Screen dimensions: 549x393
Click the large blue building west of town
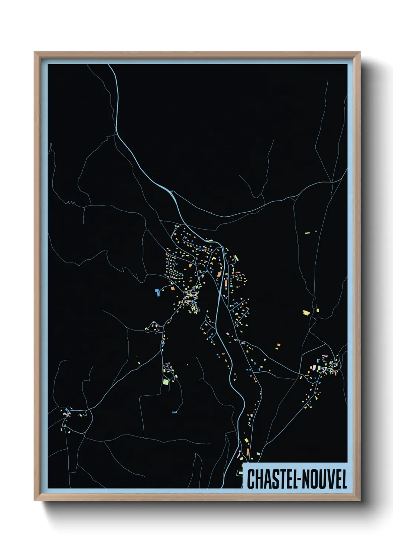coord(157,292)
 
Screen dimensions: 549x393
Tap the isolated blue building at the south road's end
coord(174,412)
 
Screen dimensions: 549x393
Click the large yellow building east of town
coord(306,313)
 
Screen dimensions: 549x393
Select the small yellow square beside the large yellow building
coord(317,310)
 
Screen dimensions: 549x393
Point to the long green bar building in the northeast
coord(307,233)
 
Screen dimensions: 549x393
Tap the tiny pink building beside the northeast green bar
coord(316,231)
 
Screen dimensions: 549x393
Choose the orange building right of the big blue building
coord(172,287)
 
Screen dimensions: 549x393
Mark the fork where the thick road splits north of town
coord(172,192)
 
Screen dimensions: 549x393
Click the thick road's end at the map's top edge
coord(109,65)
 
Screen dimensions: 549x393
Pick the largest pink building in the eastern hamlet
coord(314,367)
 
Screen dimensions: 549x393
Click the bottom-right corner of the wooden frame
coord(360,500)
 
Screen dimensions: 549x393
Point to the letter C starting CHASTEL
coord(251,479)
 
